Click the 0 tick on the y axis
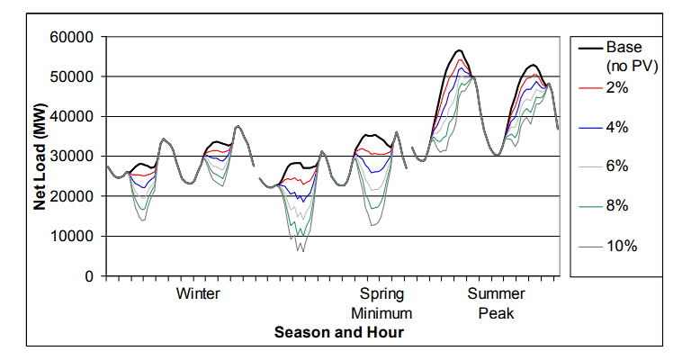click(90, 275)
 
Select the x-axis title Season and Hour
click(338, 333)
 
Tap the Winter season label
click(198, 294)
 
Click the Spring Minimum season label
click(382, 303)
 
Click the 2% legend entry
click(617, 87)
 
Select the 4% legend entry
click(617, 127)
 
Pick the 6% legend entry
click(617, 166)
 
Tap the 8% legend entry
click(617, 206)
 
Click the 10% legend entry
click(621, 246)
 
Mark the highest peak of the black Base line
click(459, 50)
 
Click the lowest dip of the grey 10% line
click(302, 251)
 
